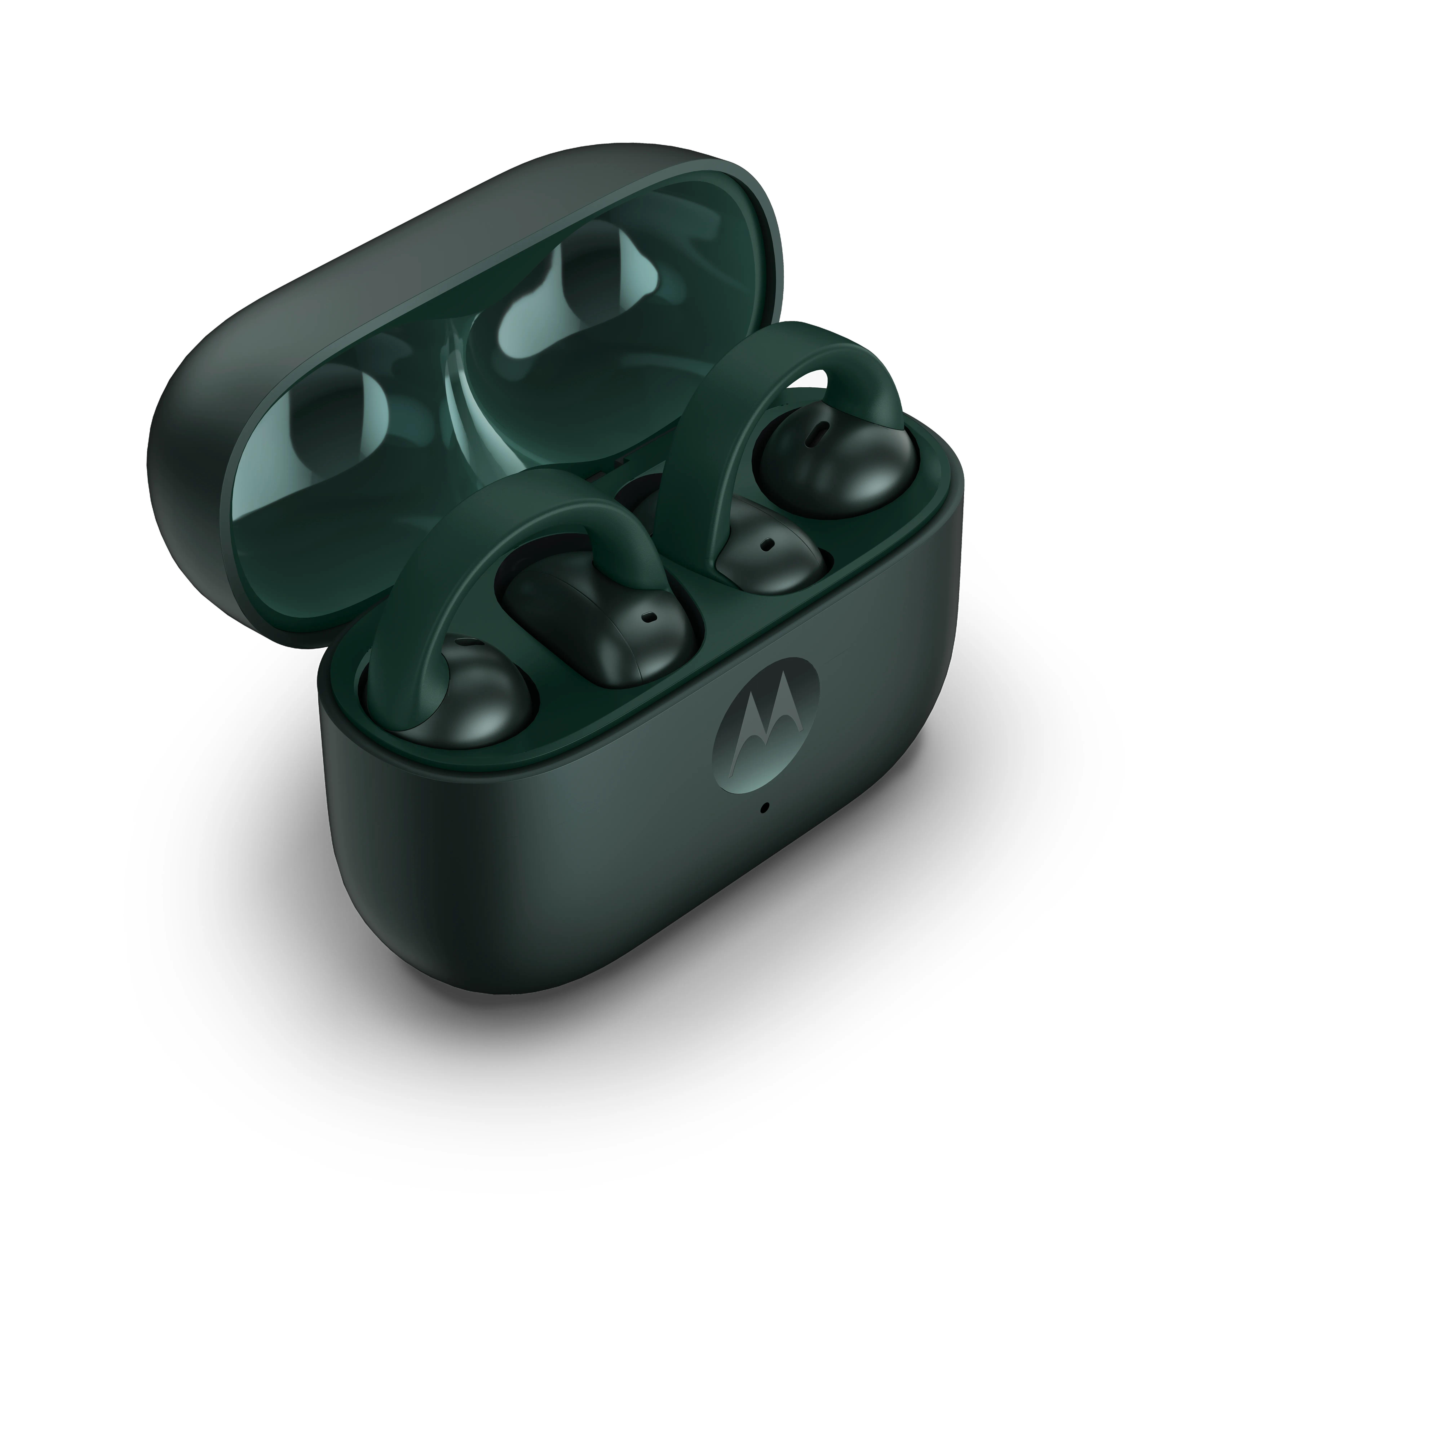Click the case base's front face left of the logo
click(523, 836)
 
